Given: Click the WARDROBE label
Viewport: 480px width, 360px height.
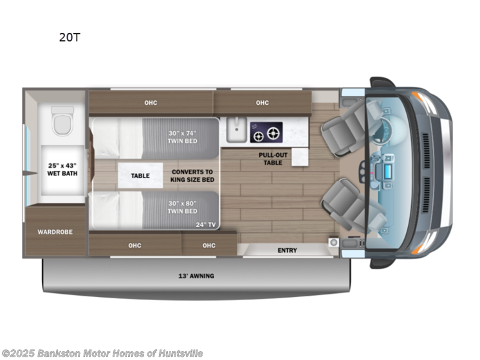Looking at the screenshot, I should click(x=55, y=231).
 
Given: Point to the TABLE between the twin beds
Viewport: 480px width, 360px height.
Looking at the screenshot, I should click(x=140, y=175).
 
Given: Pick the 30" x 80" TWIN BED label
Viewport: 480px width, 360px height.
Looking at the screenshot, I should click(x=182, y=207).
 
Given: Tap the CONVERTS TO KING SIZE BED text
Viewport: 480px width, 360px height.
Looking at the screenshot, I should click(x=192, y=175).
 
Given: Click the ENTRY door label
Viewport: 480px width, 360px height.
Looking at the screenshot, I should click(x=287, y=250).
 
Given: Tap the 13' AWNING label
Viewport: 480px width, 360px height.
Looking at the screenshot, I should click(x=197, y=276).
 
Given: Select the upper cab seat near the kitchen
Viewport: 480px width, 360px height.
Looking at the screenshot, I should click(x=337, y=133).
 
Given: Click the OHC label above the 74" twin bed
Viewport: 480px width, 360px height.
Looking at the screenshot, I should click(x=151, y=103).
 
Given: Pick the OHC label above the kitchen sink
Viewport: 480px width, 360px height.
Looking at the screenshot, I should click(x=262, y=103).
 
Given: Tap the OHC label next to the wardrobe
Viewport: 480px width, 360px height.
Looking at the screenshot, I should click(x=134, y=245).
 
